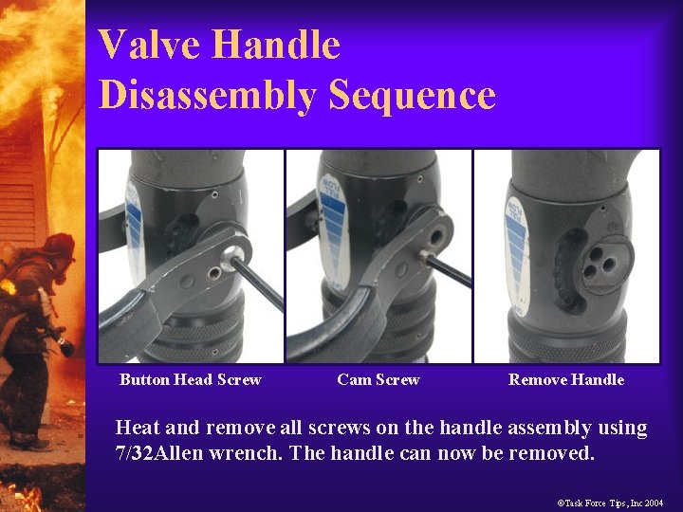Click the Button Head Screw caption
pos(190,379)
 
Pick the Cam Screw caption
pos(378,379)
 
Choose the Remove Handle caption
pos(566,379)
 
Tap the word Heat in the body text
pos(136,428)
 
